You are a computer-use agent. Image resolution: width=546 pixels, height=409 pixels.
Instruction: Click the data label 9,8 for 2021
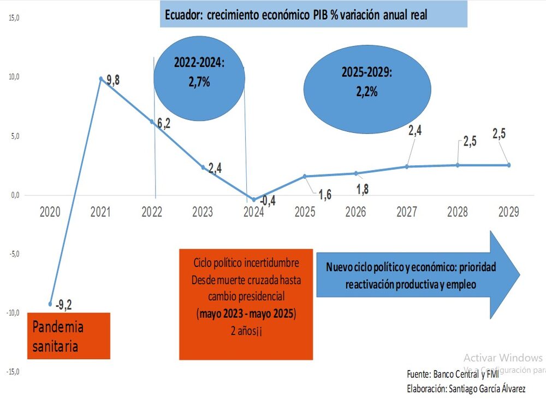coord(113,80)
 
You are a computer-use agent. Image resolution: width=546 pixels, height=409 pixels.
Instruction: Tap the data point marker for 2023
coord(203,167)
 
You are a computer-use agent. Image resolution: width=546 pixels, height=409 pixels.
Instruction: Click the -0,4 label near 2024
coord(267,201)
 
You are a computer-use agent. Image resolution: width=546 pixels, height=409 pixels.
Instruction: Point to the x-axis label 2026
coord(355,212)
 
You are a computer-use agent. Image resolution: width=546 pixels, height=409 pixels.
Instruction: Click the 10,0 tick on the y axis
coord(13,77)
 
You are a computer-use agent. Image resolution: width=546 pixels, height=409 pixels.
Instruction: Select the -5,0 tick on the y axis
coord(13,254)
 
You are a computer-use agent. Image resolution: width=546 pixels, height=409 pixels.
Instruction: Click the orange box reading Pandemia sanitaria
coord(69,336)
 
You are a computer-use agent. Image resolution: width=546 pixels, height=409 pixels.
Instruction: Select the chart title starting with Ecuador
coord(313,14)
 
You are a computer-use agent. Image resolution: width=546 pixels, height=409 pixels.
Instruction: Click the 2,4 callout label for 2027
coord(414,130)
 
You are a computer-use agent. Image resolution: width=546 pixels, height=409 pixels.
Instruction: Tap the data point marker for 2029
coord(509,165)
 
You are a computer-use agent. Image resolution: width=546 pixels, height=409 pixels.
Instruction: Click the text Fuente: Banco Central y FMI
coord(453,375)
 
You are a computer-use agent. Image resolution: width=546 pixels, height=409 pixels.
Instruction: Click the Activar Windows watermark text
coord(503,358)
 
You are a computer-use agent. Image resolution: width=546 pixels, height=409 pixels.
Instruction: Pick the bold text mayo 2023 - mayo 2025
coord(246,314)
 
